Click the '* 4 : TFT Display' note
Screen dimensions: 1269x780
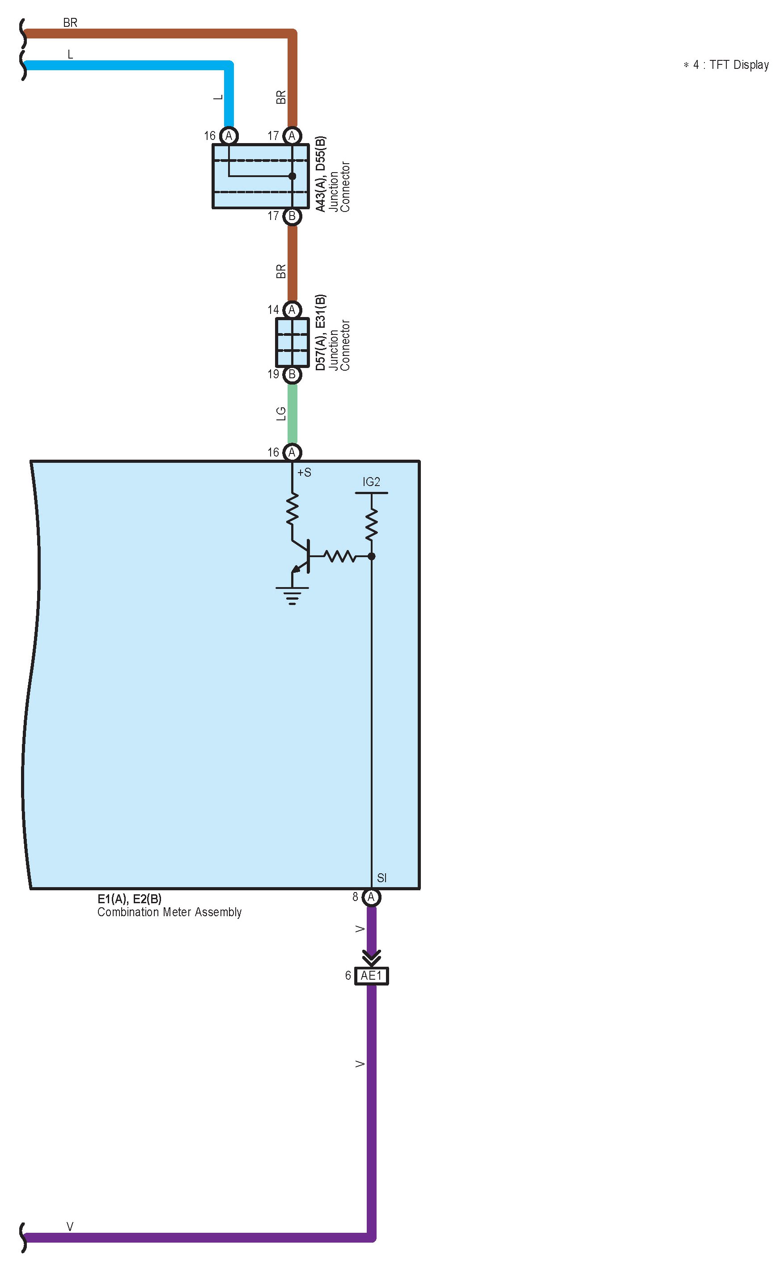[726, 65]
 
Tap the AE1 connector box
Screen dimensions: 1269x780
[371, 976]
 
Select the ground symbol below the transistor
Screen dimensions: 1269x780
[292, 595]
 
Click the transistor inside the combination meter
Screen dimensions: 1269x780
[302, 556]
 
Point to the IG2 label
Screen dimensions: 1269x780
[371, 482]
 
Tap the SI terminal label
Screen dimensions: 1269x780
[382, 878]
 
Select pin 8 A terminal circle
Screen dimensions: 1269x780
[371, 897]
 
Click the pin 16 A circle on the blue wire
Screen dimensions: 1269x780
[229, 135]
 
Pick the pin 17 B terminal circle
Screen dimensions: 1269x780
[292, 216]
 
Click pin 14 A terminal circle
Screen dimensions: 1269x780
[292, 309]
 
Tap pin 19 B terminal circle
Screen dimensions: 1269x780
[292, 374]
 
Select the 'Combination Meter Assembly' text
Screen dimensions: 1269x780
[169, 912]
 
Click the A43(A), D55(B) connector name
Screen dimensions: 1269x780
[321, 174]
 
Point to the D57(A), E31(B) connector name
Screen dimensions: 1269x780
[321, 332]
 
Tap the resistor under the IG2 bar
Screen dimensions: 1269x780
[371, 524]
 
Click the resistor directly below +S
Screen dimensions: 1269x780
[292, 509]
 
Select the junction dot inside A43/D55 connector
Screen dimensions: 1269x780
[292, 176]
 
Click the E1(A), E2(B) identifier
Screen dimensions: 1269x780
[130, 899]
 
